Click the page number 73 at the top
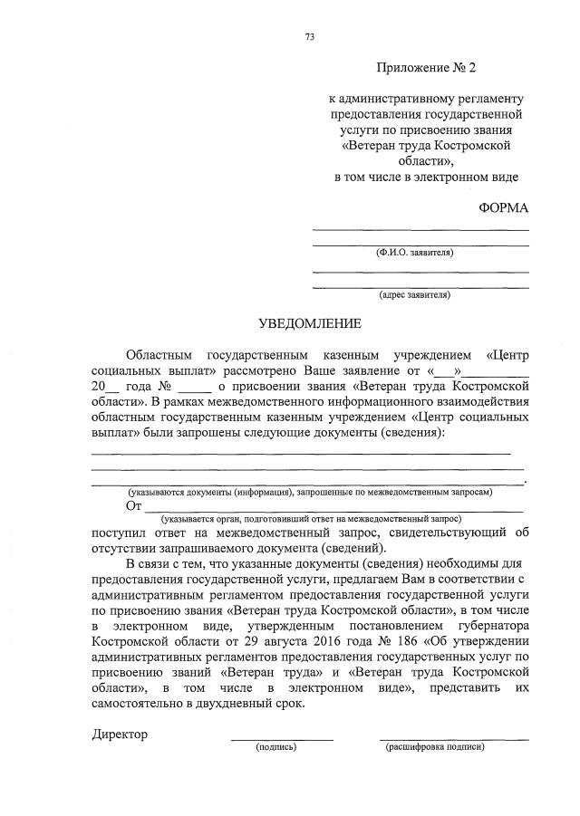310,37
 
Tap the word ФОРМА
503,207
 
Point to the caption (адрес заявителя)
414,294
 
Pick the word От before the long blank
134,505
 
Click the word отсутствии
133,548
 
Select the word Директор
120,734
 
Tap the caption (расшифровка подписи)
435,747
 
